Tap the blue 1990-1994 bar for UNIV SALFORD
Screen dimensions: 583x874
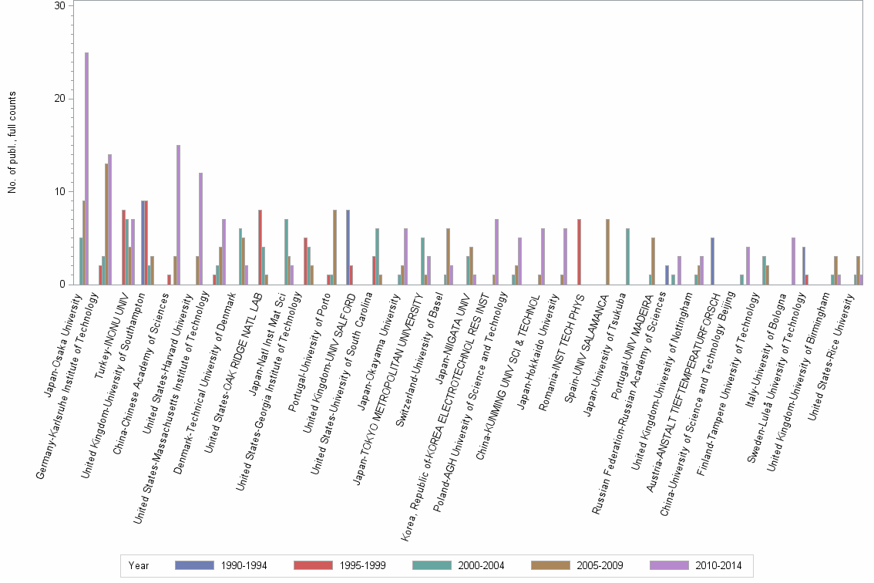[x=348, y=247]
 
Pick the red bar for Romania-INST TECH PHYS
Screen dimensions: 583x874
[x=579, y=251]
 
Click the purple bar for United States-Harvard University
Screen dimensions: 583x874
[x=201, y=228]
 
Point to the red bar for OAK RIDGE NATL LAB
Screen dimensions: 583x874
[x=261, y=247]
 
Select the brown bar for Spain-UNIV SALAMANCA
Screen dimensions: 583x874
[x=607, y=251]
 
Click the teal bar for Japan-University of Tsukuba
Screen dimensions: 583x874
[x=627, y=256]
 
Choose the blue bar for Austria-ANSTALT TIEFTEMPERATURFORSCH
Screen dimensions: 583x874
[x=712, y=261]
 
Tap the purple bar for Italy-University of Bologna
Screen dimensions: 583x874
[x=793, y=261]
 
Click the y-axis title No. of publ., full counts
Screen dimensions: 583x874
[x=13, y=143]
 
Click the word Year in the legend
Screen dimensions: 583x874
[x=139, y=565]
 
